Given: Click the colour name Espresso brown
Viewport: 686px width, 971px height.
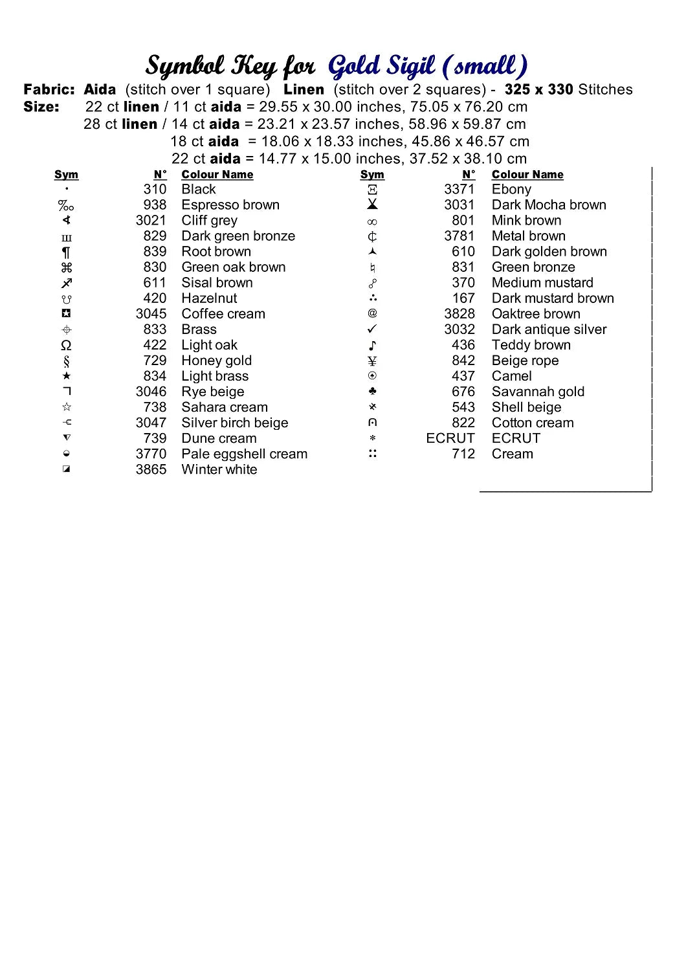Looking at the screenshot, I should [x=230, y=205].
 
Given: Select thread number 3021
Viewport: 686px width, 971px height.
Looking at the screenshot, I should [x=151, y=221].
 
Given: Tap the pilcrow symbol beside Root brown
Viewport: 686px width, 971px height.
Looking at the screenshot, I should [x=66, y=252].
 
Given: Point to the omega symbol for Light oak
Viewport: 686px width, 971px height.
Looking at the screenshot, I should [x=66, y=345].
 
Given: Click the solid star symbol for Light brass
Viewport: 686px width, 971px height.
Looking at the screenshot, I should [x=66, y=376].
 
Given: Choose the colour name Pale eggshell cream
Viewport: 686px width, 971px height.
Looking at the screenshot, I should [x=244, y=454].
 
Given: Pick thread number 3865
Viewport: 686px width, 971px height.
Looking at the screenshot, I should [x=151, y=469].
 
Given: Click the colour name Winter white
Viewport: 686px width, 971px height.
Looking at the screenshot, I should [x=219, y=469].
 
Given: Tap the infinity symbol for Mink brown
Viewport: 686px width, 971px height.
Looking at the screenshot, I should [x=372, y=221].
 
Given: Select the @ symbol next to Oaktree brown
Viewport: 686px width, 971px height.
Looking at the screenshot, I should [x=372, y=314].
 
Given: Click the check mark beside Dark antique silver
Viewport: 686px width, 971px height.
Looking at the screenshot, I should [x=372, y=329].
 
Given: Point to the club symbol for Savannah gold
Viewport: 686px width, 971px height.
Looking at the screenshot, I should [x=372, y=392].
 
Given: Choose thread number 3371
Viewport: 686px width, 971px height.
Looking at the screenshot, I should [x=459, y=190].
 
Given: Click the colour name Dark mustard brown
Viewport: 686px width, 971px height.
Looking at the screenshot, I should [x=553, y=298].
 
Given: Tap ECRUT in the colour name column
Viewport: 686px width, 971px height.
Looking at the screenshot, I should [x=516, y=438].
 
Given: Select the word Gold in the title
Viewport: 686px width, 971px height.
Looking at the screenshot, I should [x=353, y=66].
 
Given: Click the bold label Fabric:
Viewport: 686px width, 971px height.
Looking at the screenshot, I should [x=49, y=90].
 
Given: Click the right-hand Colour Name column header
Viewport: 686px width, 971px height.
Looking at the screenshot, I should [x=527, y=175].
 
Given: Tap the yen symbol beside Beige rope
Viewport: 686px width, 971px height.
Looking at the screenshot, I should [x=372, y=361].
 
